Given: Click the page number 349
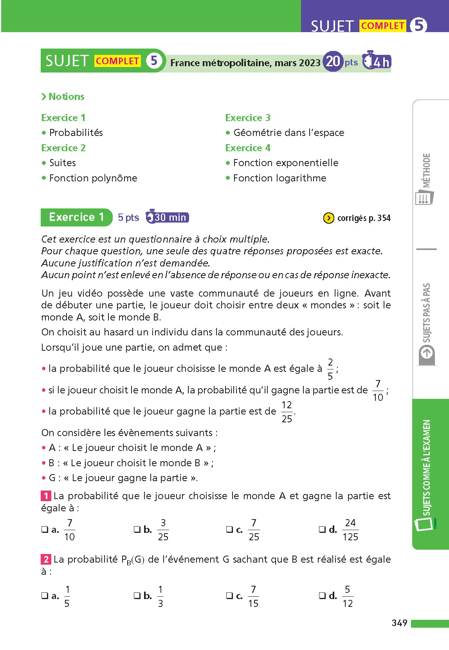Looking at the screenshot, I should pos(399,623).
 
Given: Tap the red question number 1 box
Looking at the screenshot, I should pos(46,496).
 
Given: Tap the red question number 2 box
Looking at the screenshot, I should pos(46,559).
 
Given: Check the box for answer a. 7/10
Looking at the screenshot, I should pos(45,529).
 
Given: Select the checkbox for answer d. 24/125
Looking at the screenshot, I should pos(322,529).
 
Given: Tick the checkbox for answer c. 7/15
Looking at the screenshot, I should pos(229,596).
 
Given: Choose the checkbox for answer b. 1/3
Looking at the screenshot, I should pos(137,596).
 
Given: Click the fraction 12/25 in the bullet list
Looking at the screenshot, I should pos(287,412).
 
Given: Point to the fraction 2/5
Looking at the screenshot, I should pos(330,369).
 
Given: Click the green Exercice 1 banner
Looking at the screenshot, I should pos(76,217).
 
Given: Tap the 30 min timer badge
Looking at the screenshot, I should pos(168,217).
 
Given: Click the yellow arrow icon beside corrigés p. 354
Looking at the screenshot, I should pos(328,218).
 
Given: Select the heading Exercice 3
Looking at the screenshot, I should pos(247,118).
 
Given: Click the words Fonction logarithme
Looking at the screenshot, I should pos(279,178).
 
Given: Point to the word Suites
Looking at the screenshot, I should pos(62,163).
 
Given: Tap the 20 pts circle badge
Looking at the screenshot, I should pos(333,62).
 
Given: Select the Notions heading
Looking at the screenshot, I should pos(66,97).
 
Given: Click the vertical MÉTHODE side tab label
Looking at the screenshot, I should pos(426,170).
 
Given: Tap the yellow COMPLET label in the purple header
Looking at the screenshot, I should pos(382,26).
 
